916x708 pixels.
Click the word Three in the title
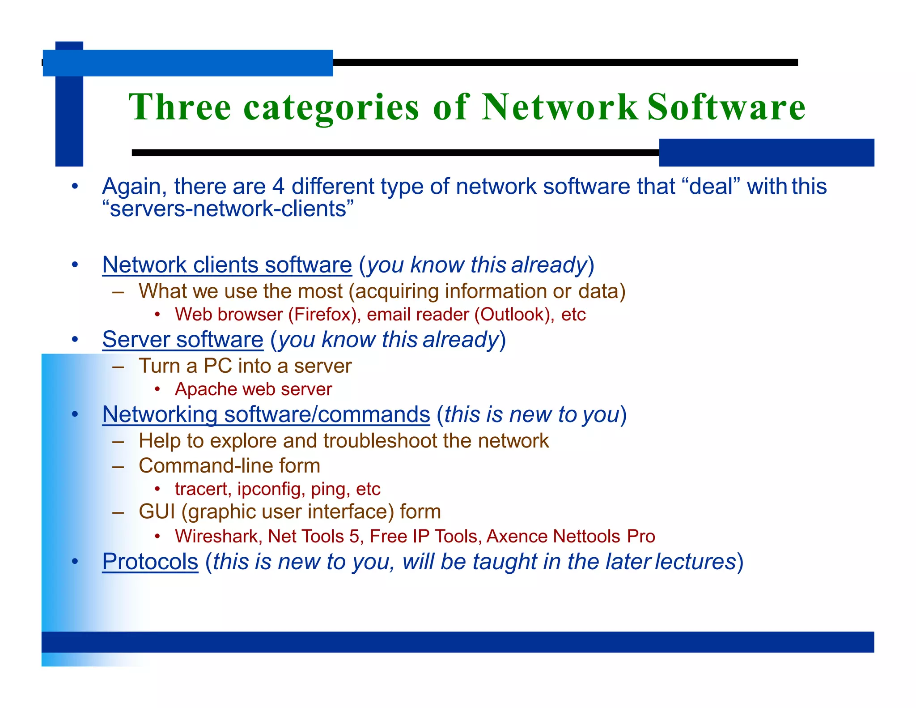pyautogui.click(x=179, y=107)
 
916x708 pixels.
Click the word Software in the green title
pyautogui.click(x=726, y=107)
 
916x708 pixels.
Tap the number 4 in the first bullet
pyautogui.click(x=278, y=186)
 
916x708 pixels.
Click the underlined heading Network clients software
pyautogui.click(x=227, y=264)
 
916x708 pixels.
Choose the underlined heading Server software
pyautogui.click(x=182, y=339)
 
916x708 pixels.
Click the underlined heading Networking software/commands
pyautogui.click(x=266, y=414)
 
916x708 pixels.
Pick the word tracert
pyautogui.click(x=201, y=489)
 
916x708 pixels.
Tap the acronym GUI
pyautogui.click(x=157, y=512)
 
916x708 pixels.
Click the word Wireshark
pyautogui.click(x=218, y=536)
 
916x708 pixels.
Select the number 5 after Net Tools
pyautogui.click(x=354, y=536)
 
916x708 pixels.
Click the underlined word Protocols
pyautogui.click(x=150, y=562)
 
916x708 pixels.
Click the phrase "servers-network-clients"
pyautogui.click(x=228, y=209)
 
